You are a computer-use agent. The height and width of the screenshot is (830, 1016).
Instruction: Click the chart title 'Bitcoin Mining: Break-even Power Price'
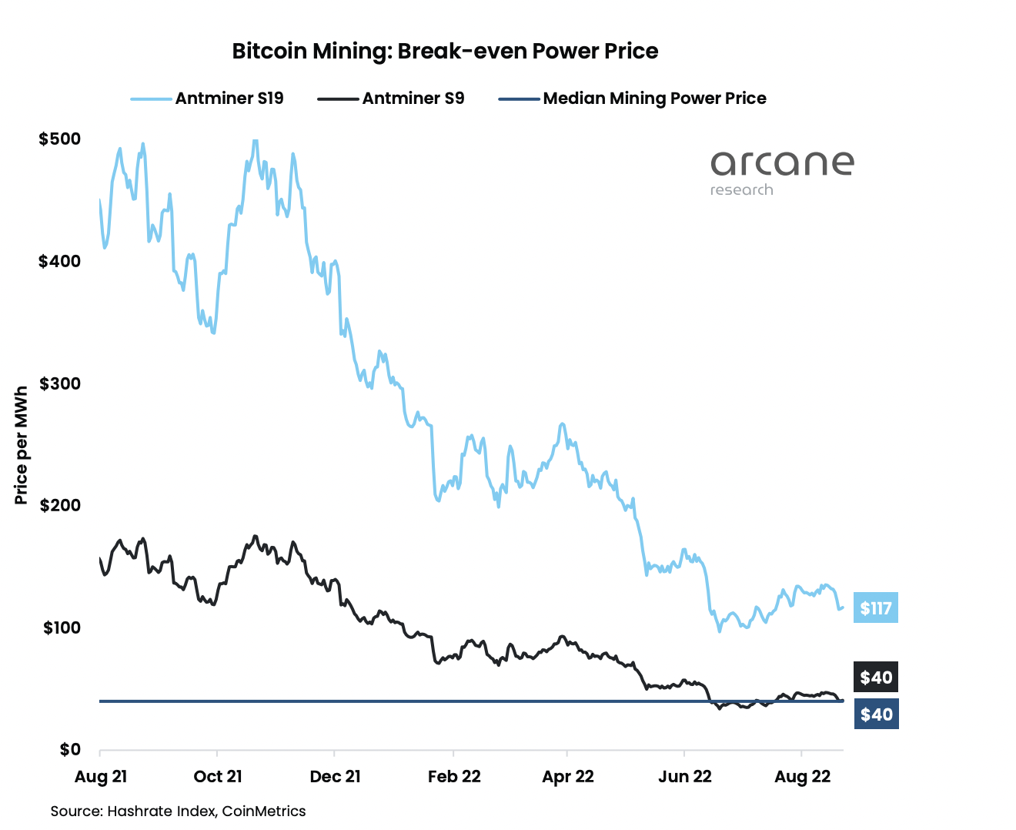445,51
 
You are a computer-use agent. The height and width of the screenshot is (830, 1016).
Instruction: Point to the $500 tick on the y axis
59,139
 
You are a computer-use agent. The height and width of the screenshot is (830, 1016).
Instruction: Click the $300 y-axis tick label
59,383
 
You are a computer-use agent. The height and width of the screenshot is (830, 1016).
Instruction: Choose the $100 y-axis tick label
61,628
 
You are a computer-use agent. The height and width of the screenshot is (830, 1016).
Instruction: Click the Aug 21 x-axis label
101,776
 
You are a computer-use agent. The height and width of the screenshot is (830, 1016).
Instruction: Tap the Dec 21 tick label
335,776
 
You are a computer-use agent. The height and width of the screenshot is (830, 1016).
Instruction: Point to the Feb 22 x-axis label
454,776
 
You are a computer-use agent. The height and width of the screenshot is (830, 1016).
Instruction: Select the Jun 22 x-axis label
685,776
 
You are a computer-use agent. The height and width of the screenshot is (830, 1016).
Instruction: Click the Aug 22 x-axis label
803,776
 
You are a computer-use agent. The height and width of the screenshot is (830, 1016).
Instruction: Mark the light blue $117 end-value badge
876,608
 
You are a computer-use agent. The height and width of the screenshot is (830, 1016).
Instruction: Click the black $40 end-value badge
876,678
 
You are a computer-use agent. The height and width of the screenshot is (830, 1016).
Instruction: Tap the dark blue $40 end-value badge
876,715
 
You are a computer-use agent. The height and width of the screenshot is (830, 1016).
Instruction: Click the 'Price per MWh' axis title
21,446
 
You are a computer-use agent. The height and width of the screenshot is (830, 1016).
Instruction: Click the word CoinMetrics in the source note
264,811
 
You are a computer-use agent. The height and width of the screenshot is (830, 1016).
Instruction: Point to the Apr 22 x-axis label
568,776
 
